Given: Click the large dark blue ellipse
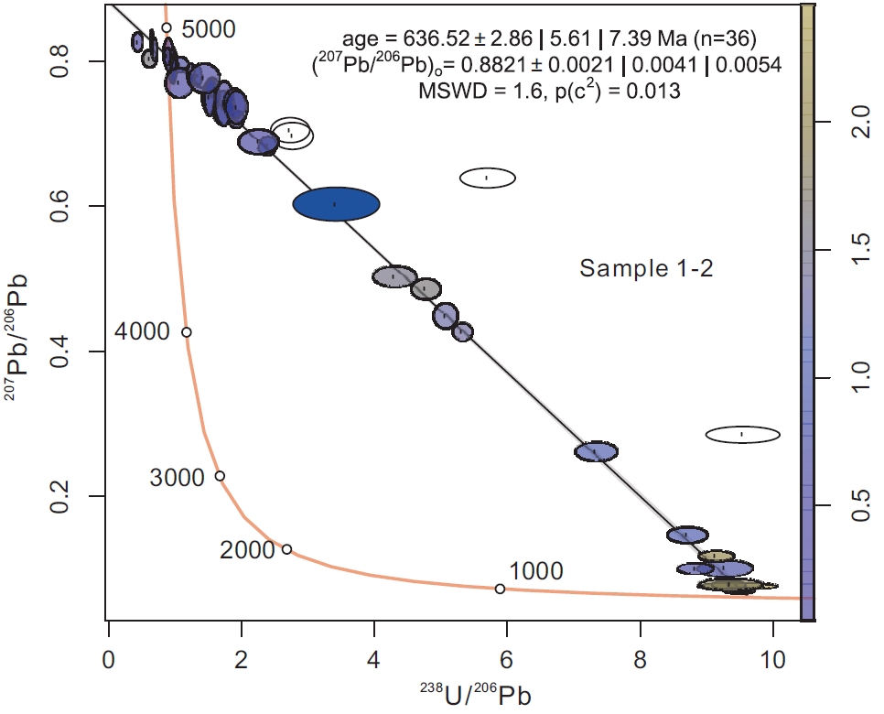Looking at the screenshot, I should coord(336,204).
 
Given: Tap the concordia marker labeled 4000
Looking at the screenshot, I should coord(186,332).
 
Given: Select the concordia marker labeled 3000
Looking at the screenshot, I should coord(220,476).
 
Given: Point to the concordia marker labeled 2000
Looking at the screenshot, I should coord(286,549).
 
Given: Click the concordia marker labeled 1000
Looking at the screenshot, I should coord(500,589).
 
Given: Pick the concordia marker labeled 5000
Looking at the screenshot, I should coord(167,27).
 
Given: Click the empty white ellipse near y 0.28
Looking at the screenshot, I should coord(742,434).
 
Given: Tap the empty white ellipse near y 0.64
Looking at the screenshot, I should coord(487,178).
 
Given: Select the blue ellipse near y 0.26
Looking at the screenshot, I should coord(597,451).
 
